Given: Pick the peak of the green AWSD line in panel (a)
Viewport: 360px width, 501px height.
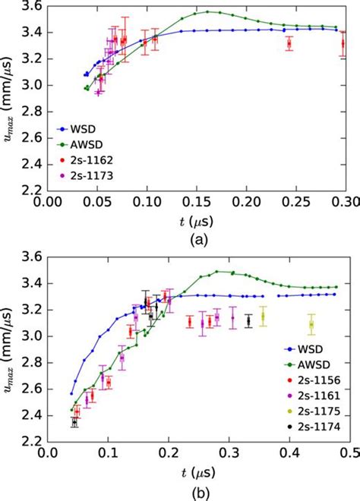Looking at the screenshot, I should click(207, 11).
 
